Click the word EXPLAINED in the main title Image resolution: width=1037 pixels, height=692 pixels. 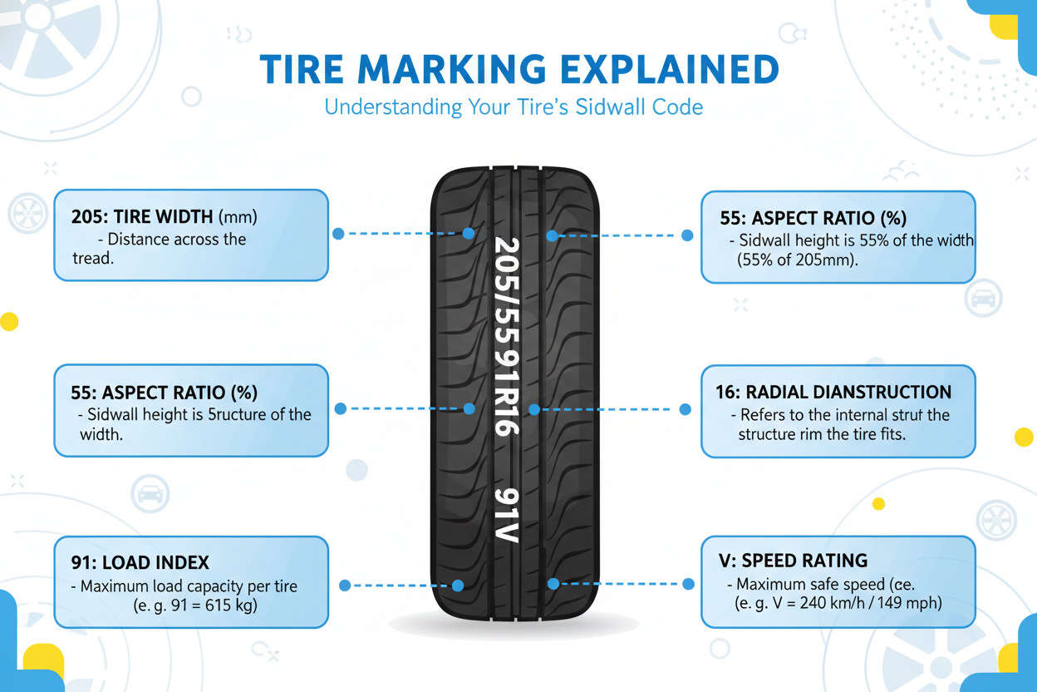670,70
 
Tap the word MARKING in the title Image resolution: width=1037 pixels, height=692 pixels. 451,70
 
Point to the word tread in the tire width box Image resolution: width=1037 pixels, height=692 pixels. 92,259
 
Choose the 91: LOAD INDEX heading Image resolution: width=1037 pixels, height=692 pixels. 140,563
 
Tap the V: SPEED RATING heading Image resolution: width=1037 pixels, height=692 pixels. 793,561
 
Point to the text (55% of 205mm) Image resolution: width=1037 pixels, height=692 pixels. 797,259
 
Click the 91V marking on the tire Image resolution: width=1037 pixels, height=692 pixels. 507,515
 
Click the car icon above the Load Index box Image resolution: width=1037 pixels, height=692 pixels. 150,493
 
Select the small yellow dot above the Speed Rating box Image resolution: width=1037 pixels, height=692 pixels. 878,504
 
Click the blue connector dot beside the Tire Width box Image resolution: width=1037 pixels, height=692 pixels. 338,234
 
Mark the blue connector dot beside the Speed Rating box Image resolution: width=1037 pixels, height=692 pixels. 688,584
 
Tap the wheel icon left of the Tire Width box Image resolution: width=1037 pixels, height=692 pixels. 27,213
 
